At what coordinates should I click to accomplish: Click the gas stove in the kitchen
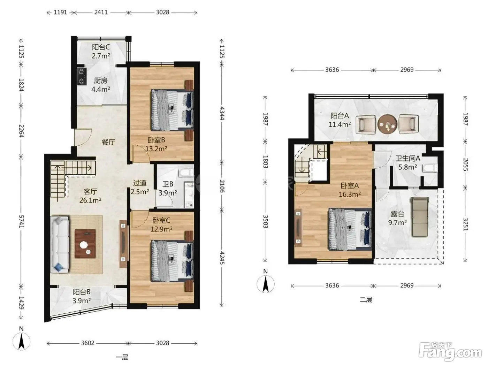click(x=81, y=76)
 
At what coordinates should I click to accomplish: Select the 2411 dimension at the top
click(x=101, y=12)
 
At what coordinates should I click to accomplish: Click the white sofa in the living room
click(x=60, y=244)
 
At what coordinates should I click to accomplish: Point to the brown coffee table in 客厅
click(x=85, y=244)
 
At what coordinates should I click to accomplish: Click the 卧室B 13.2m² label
click(x=156, y=144)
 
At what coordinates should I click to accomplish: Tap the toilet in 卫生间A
click(x=430, y=168)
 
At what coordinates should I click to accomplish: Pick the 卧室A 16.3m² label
click(x=350, y=190)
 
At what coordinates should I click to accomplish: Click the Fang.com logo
click(x=450, y=354)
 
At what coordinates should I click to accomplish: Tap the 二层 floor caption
click(x=366, y=299)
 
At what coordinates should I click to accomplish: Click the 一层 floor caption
click(x=122, y=357)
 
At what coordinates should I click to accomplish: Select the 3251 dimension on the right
click(x=466, y=224)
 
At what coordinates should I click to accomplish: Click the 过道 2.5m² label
click(x=140, y=187)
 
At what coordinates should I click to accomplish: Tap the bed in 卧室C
click(x=172, y=261)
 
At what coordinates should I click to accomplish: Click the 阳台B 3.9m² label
click(x=82, y=296)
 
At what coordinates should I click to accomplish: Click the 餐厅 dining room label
click(x=108, y=142)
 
